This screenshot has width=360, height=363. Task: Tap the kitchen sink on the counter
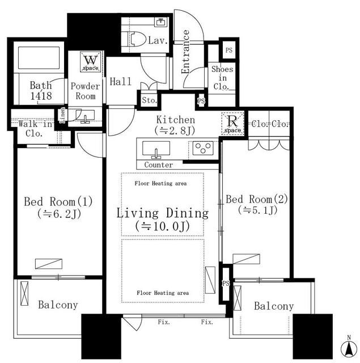(x=155, y=150)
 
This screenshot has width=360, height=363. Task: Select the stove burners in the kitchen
(x=201, y=149)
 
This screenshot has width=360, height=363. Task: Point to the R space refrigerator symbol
(x=232, y=122)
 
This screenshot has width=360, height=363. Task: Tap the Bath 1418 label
(x=41, y=91)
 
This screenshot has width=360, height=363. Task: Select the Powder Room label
(x=85, y=91)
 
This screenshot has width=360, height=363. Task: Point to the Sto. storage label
(x=149, y=101)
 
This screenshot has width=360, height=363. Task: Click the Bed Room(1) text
(x=58, y=201)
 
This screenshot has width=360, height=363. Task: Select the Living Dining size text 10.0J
(x=162, y=227)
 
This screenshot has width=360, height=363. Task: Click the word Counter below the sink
(x=159, y=164)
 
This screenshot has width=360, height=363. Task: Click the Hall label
(x=121, y=82)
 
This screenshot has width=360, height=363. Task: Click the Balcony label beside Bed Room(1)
(x=58, y=305)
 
